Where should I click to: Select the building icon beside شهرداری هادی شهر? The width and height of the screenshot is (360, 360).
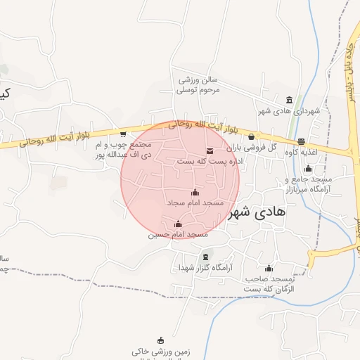coord(290,100)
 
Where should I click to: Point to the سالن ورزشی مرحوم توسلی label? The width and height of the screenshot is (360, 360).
coord(198,85)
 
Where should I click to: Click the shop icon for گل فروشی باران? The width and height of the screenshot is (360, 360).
coord(252,136)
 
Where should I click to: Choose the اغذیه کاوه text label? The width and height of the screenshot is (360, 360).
coord(304,152)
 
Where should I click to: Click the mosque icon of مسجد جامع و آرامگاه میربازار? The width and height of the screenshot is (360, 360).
coord(308,168)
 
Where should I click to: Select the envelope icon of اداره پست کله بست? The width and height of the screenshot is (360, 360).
coord(210,150)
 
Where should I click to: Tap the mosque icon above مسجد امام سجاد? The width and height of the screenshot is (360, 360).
coord(195,192)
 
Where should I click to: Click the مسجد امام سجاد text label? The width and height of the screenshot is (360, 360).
coord(195,202)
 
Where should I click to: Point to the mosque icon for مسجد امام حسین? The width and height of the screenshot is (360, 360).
coord(177,224)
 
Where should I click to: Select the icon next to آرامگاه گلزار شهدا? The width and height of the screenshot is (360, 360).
coord(205,257)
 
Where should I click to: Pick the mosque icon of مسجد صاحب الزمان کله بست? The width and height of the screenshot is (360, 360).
coord(269,268)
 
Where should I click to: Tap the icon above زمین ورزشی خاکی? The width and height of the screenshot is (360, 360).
coord(160,340)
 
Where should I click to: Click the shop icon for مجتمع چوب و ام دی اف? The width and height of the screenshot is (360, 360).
coord(124,134)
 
